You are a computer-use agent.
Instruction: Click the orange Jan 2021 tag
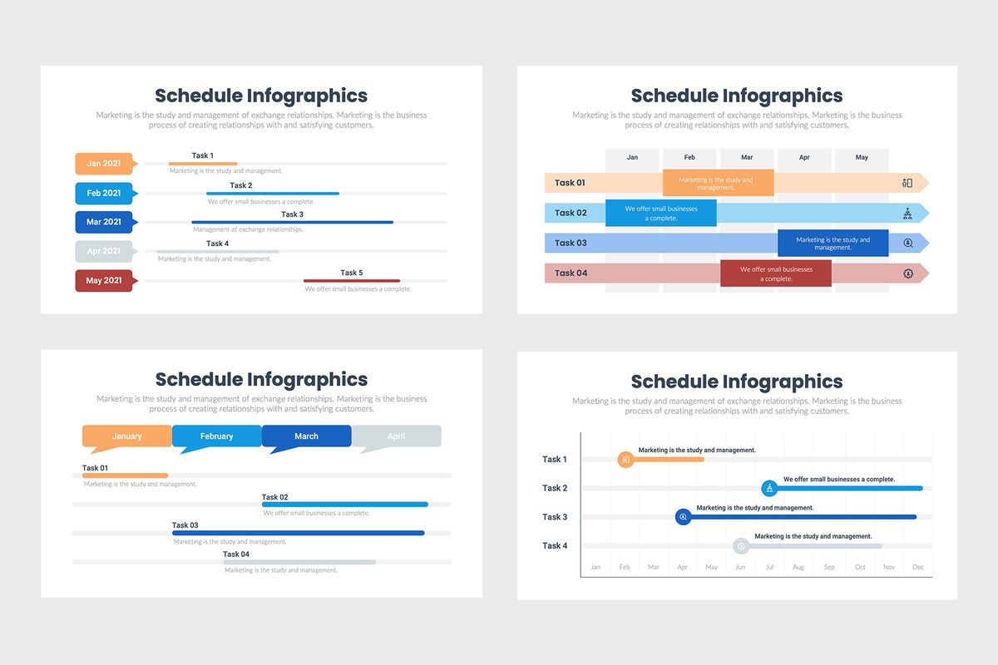[104, 164]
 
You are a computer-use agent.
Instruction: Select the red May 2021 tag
[104, 281]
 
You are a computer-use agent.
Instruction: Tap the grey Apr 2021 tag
[104, 251]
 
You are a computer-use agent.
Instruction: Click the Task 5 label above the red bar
[351, 273]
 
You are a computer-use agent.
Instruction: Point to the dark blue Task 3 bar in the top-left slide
[292, 222]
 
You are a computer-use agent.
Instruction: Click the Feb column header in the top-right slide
[689, 157]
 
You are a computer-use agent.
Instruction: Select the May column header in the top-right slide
[862, 157]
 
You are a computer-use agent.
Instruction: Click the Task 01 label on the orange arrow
[570, 183]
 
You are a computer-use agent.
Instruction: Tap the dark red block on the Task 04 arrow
[775, 273]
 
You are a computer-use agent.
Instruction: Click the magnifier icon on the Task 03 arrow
[907, 244]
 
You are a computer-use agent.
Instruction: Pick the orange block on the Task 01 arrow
[718, 183]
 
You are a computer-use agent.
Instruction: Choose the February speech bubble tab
[216, 436]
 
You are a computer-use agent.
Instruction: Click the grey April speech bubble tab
[396, 436]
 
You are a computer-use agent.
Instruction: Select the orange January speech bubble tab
[126, 436]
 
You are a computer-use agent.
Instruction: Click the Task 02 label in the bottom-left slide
[274, 497]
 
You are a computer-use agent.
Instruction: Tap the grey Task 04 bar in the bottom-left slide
[299, 563]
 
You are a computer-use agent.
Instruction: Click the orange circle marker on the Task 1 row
[625, 460]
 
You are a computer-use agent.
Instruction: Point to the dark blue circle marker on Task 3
[683, 517]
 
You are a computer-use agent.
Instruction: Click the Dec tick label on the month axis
[917, 567]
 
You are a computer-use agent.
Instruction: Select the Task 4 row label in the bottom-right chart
[555, 546]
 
